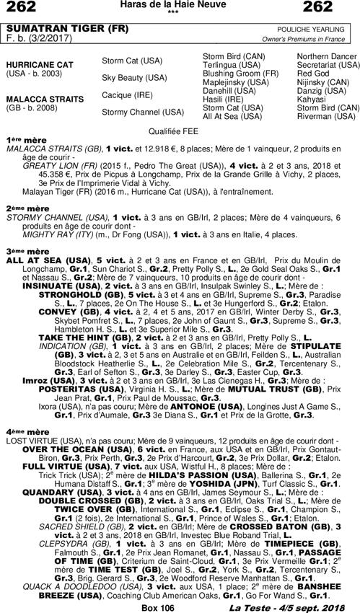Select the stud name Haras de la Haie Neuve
pos(180,5)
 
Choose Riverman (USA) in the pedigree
pos(328,115)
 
